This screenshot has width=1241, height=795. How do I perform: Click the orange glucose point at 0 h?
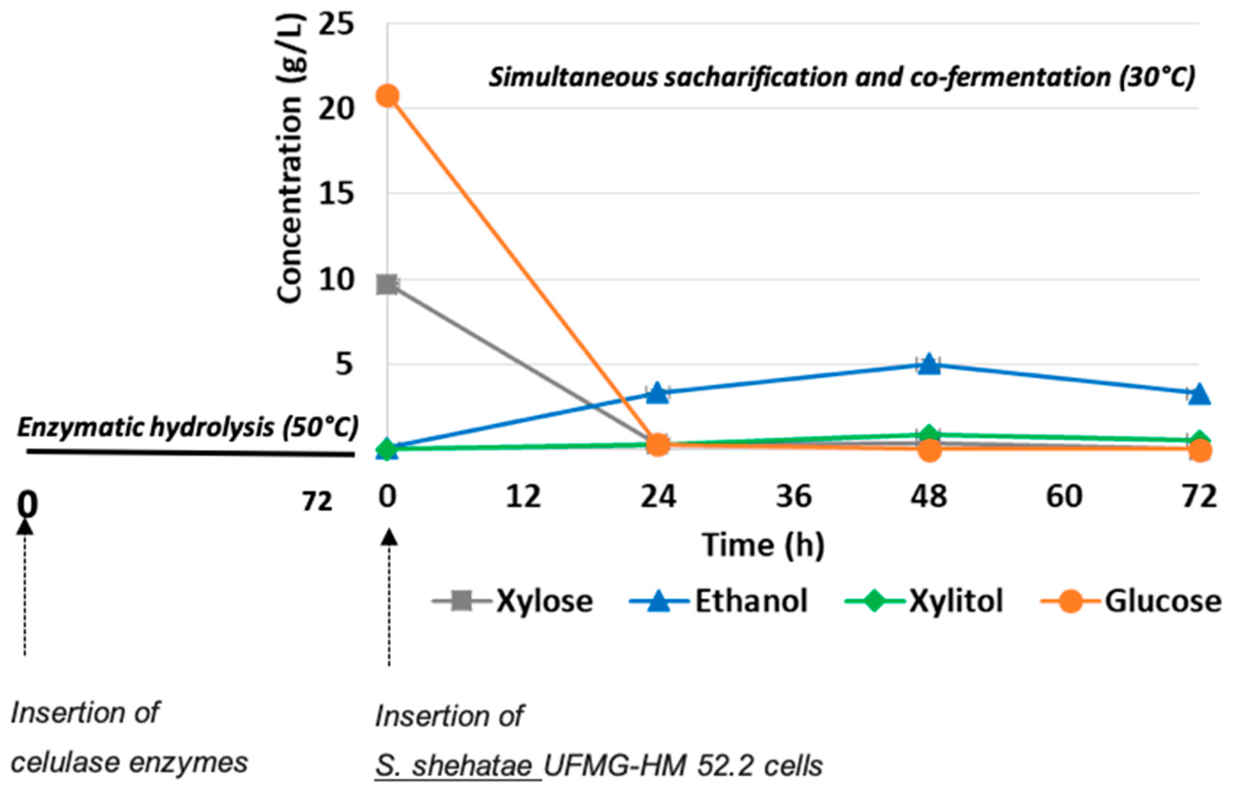click(388, 96)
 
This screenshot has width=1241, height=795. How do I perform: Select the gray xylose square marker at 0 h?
click(387, 284)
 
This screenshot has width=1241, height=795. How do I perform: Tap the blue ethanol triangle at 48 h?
click(929, 365)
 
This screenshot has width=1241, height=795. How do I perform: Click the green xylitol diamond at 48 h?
click(929, 434)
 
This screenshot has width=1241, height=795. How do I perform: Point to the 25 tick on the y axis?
click(336, 24)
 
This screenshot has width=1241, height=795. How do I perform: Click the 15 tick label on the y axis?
click(336, 195)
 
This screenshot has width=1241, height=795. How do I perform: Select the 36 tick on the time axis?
click(794, 497)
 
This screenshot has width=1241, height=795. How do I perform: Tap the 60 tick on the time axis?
click(1064, 497)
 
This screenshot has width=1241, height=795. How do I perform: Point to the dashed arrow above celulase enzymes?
click(25, 589)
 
